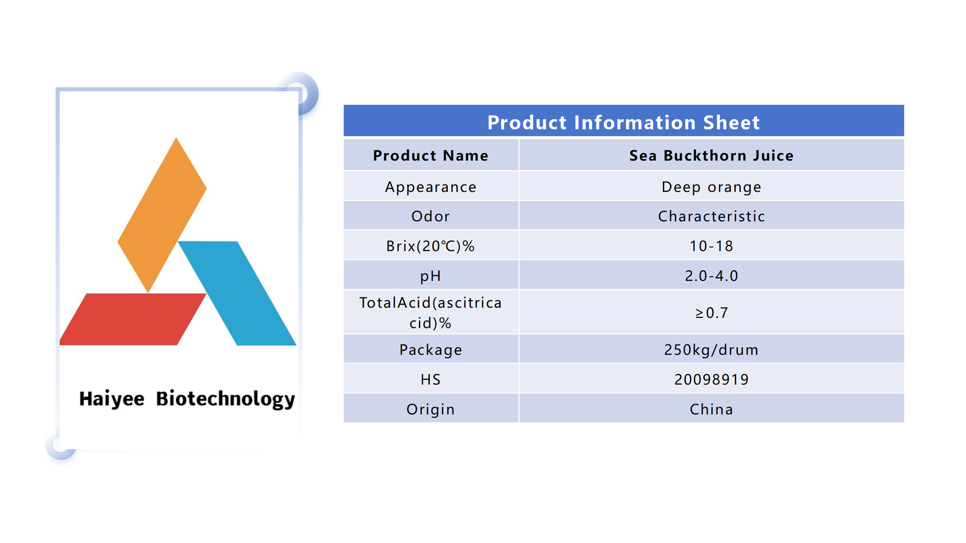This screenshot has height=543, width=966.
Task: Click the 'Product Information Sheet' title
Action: pos(623,122)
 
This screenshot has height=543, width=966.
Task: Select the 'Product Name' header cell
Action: pos(430,156)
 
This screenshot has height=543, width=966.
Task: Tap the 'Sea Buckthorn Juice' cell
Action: pos(711,156)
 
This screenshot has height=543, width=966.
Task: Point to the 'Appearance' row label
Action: pos(430,187)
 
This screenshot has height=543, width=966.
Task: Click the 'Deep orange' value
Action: pos(711,187)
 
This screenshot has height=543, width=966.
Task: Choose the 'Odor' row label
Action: pos(430,216)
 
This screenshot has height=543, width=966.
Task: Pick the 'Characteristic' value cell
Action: pos(711,216)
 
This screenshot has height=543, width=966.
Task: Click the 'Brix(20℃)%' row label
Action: pos(430,246)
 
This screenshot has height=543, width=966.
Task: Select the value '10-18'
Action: pos(711,246)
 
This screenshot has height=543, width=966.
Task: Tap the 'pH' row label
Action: pos(430,276)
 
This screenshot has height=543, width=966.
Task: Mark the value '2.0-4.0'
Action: pos(711,276)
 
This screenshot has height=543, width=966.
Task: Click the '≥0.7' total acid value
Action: pos(711,313)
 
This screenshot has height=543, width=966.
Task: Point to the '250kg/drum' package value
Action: pos(711,349)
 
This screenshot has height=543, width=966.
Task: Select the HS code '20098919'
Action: pos(711,379)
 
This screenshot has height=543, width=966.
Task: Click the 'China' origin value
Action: pos(711,409)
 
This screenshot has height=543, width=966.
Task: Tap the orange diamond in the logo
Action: pos(162,215)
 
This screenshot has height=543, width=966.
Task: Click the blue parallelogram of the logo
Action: pos(237,293)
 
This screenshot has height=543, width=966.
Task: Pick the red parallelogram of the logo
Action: pos(133,319)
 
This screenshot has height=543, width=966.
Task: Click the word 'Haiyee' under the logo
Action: pos(112,399)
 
